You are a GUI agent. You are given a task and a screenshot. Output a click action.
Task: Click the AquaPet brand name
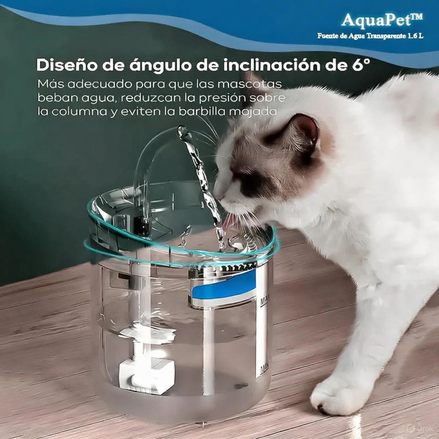382,20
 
